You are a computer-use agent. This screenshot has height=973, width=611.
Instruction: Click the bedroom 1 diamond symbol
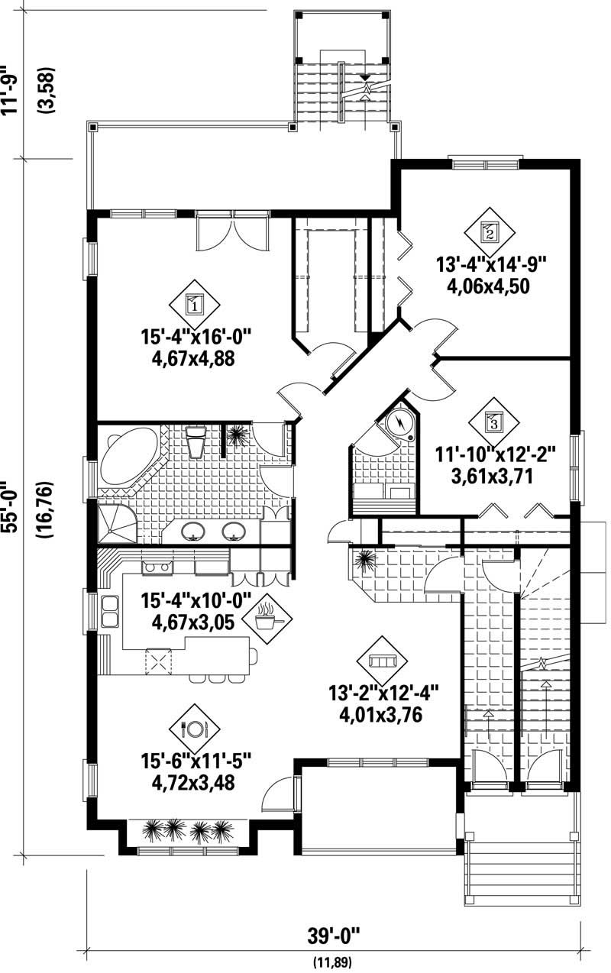pos(194,305)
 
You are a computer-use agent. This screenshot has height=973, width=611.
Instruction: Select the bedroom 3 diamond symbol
pos(493,419)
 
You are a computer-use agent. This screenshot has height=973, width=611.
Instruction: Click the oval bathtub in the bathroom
pos(128,457)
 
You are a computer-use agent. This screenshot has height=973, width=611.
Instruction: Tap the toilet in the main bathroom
pos(196,441)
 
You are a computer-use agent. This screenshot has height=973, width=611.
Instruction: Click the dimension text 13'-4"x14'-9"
pos(493,266)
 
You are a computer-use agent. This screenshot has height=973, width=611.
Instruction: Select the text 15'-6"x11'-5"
pos(196,761)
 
